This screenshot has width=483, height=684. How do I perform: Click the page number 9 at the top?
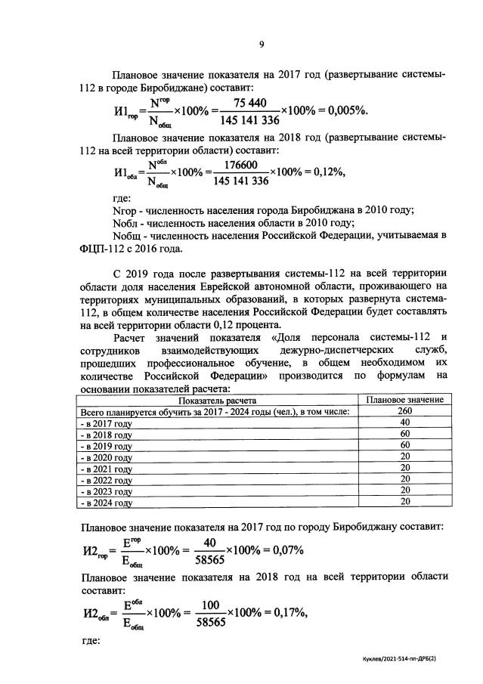(261, 45)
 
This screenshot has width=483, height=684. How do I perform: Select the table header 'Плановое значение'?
(404, 400)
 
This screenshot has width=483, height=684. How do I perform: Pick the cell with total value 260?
(404, 411)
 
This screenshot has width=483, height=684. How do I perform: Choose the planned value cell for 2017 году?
(404, 422)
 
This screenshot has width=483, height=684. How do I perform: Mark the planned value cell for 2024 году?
(404, 502)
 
